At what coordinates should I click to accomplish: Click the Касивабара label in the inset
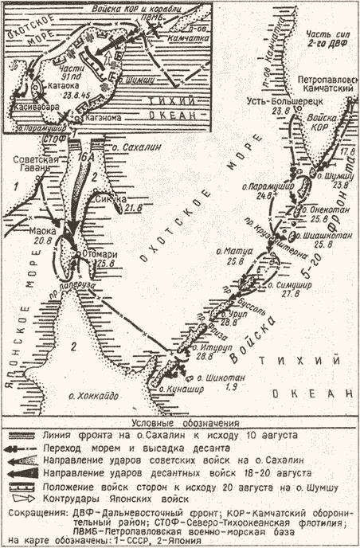[30, 105]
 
